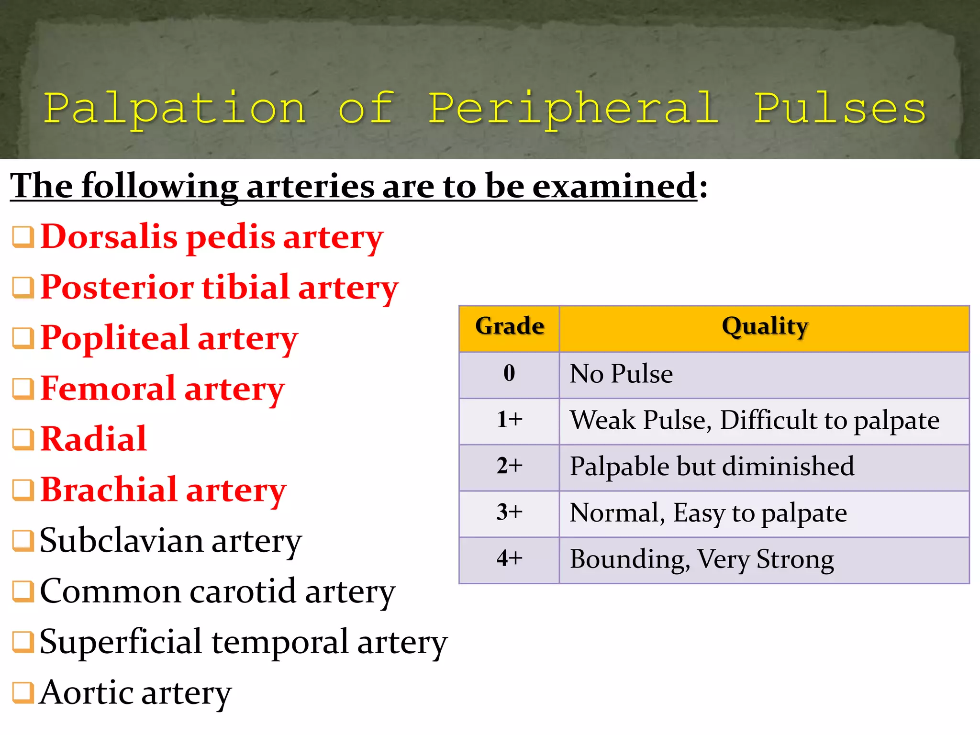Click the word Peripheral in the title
[573, 109]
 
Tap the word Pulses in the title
[840, 109]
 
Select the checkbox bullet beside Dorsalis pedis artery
[23, 237]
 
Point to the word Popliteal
[115, 338]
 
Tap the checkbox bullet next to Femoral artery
[23, 389]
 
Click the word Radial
[94, 439]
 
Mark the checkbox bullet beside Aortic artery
[23, 692]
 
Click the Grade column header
[510, 326]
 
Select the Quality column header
[765, 326]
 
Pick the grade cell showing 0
[509, 373]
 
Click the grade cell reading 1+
[509, 420]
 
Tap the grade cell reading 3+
[509, 512]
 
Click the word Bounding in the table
[629, 559]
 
